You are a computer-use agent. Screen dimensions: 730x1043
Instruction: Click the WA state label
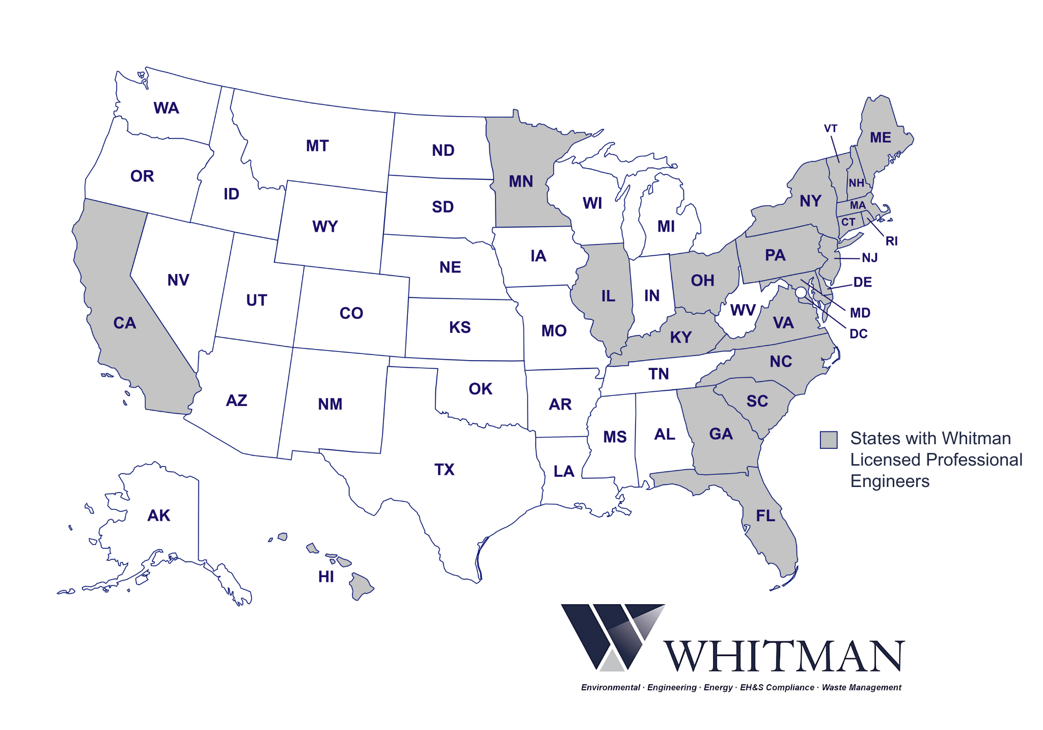point(166,108)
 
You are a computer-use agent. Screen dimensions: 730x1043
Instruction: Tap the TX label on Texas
point(444,469)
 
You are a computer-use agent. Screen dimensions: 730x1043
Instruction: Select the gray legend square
point(829,440)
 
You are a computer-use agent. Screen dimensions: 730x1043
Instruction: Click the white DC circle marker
point(801,292)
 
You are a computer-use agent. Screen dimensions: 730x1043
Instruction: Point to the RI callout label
point(891,241)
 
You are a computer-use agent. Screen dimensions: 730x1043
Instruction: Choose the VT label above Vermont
point(831,128)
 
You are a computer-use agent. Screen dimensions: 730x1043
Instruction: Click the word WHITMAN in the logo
point(784,657)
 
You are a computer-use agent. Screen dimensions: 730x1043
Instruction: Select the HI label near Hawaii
point(326,577)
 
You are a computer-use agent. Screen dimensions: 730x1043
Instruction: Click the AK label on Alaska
point(158,516)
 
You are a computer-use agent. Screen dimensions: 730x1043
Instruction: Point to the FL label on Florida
point(765,516)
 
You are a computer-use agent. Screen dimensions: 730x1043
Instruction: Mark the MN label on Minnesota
point(520,181)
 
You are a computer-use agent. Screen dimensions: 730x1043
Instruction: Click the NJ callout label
point(869,258)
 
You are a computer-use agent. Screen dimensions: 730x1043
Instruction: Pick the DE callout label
point(862,282)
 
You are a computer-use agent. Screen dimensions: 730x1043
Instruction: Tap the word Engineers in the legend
point(890,481)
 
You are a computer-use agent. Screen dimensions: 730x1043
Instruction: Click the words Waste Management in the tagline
point(861,688)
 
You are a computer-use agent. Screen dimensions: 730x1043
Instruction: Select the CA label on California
point(125,323)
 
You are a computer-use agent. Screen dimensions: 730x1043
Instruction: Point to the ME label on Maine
point(880,138)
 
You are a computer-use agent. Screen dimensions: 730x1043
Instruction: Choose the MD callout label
point(860,313)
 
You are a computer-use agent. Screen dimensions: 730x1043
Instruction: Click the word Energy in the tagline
point(718,688)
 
